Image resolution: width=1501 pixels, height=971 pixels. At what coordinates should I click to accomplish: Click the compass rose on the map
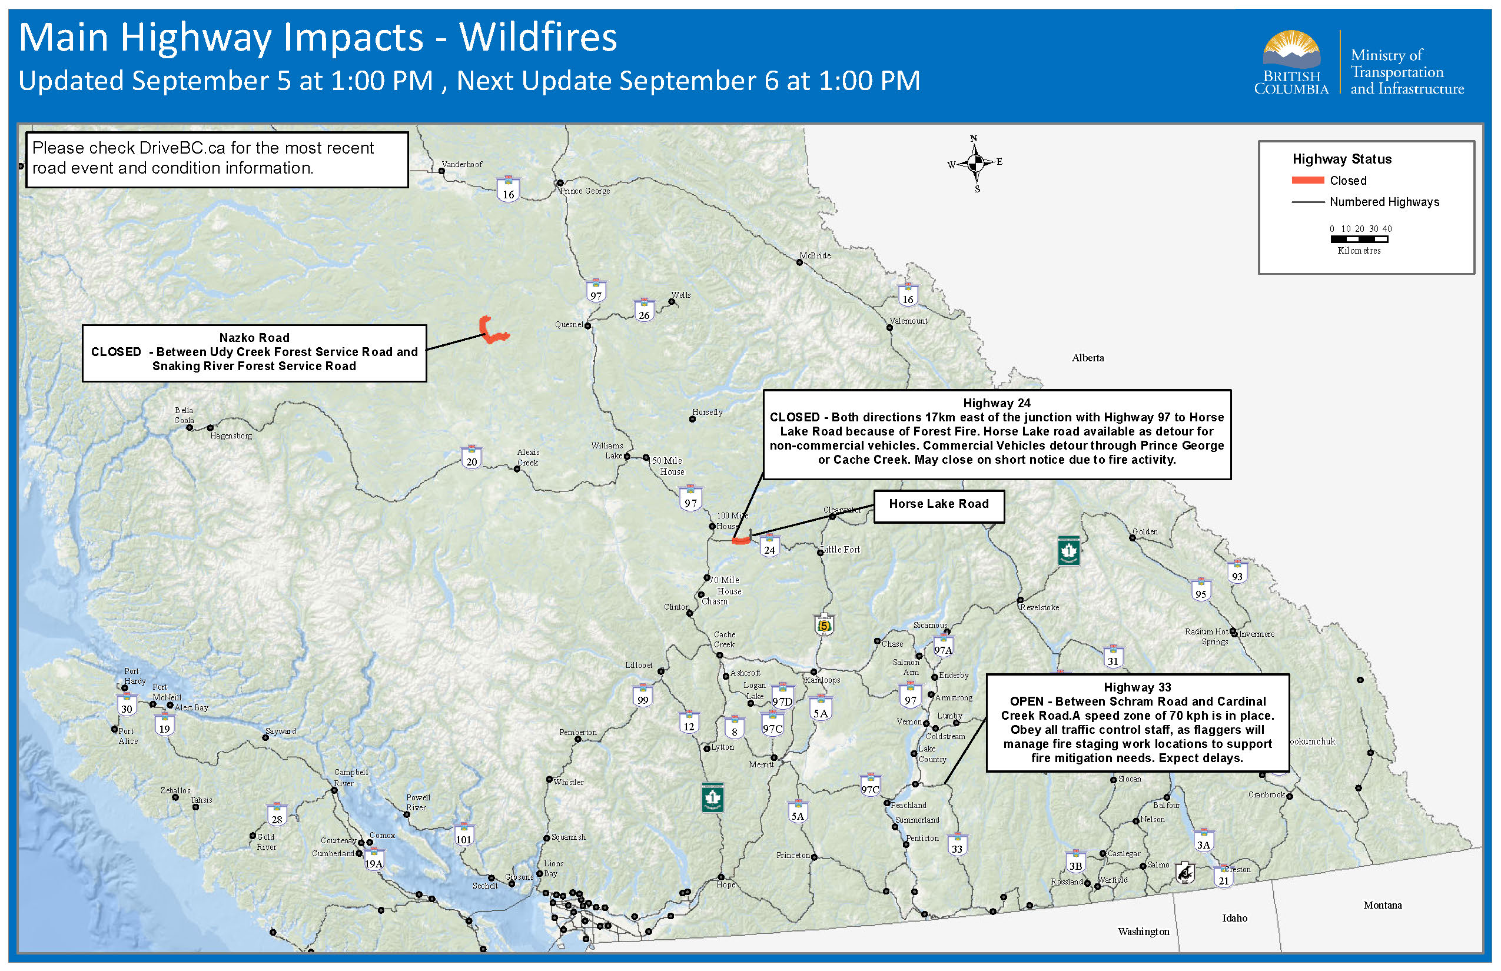(x=975, y=164)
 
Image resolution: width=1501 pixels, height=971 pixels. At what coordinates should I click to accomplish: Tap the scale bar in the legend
(x=1359, y=239)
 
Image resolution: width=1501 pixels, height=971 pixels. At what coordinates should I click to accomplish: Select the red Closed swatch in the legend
(x=1307, y=180)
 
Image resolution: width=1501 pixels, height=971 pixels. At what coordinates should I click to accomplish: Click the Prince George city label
(x=585, y=191)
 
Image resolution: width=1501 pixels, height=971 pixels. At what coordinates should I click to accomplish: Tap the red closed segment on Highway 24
(x=740, y=540)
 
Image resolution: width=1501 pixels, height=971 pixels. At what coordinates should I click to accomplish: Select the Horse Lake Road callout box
(x=938, y=506)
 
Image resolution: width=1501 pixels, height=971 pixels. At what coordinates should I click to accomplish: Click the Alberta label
(x=1088, y=358)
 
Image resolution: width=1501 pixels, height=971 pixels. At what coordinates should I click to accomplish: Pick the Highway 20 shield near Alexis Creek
(x=471, y=458)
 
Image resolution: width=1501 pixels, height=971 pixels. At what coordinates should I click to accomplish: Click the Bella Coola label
(x=184, y=415)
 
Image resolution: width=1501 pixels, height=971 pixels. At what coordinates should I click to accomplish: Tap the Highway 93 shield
(x=1237, y=573)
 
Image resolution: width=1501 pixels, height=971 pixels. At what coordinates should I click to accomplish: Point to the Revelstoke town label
(x=1040, y=607)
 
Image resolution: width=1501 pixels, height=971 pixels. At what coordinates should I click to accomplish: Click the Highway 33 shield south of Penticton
(x=957, y=845)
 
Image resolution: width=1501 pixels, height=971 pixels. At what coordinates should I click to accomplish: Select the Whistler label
(x=568, y=782)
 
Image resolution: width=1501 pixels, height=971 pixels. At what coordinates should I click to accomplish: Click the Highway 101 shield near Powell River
(x=464, y=836)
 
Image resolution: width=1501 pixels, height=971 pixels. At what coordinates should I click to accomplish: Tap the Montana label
(x=1383, y=905)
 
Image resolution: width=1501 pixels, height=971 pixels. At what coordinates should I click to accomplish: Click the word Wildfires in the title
(x=538, y=38)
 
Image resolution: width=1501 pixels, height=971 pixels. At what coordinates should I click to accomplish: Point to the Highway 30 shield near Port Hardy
(x=127, y=705)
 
